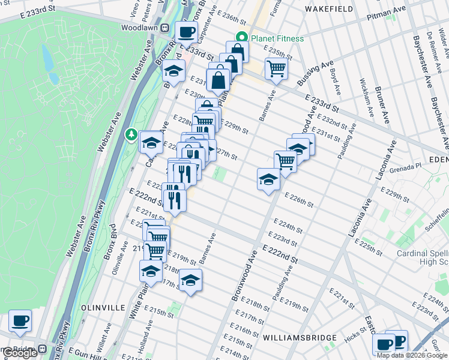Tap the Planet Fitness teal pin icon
(243, 38)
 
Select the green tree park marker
(130, 134)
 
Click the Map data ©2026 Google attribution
(411, 355)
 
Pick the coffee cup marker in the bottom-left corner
(20, 320)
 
